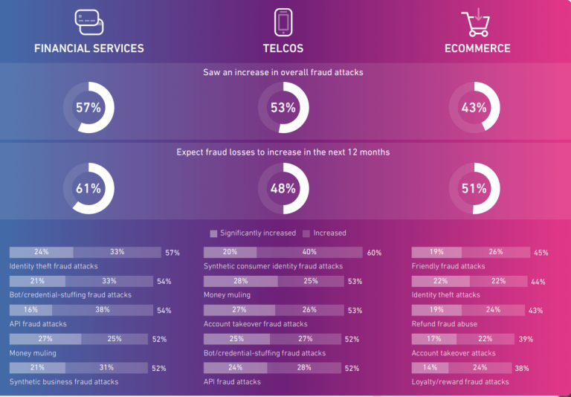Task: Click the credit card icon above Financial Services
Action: (x=88, y=22)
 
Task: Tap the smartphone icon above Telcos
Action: (x=283, y=22)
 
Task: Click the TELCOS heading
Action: (x=283, y=48)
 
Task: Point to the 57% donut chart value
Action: (x=88, y=108)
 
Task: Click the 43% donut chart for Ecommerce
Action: (x=474, y=108)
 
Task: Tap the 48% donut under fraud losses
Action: (x=283, y=189)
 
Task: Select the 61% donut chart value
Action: (x=88, y=189)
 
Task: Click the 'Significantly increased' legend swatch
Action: (x=213, y=233)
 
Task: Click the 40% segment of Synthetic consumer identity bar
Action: (x=309, y=252)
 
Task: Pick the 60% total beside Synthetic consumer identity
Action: (x=374, y=253)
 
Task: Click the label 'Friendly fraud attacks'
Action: (x=448, y=266)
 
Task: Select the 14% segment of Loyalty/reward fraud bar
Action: (x=430, y=368)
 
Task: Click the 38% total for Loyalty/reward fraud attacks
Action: (x=522, y=369)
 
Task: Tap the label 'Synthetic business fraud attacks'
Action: (x=64, y=382)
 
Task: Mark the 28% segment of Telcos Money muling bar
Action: (x=240, y=281)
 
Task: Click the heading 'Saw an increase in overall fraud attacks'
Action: (x=283, y=72)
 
